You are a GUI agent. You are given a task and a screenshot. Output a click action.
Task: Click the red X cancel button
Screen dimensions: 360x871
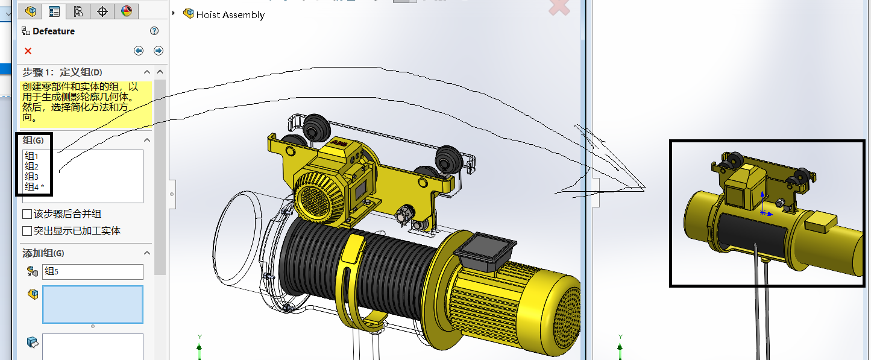click(x=28, y=51)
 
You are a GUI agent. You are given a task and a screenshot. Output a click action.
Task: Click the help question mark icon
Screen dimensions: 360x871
click(x=154, y=31)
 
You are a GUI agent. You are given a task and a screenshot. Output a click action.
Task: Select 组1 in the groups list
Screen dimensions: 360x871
click(x=31, y=156)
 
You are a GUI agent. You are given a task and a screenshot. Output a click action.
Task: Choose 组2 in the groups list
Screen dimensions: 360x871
click(x=31, y=166)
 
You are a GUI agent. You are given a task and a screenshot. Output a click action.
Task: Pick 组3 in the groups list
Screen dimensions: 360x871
click(x=31, y=177)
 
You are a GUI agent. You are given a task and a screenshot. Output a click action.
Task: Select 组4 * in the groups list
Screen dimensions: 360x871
click(x=34, y=187)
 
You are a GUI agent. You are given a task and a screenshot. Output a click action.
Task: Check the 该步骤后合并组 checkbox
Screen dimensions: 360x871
click(x=27, y=214)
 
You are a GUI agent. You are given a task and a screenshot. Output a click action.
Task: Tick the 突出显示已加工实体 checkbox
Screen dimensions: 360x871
click(x=27, y=231)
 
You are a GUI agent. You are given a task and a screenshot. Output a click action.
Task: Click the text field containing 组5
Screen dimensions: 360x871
click(x=92, y=272)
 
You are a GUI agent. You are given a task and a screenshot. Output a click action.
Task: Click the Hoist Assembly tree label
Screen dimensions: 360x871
click(x=230, y=14)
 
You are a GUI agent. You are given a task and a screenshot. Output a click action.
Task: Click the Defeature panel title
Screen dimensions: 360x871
click(x=54, y=31)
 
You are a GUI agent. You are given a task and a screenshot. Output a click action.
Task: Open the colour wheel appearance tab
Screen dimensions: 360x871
click(x=127, y=10)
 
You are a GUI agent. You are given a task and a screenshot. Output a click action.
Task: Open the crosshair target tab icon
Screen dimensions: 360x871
click(x=102, y=10)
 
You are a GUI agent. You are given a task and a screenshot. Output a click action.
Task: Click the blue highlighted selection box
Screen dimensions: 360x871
click(x=92, y=305)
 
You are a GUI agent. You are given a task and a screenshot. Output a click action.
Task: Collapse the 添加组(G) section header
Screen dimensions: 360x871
click(x=147, y=253)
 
